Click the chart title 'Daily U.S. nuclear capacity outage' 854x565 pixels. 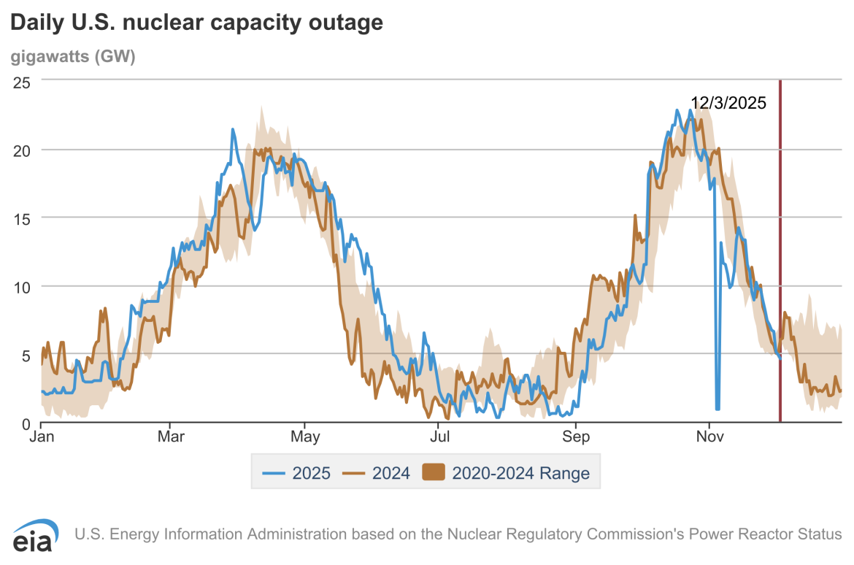[196, 23]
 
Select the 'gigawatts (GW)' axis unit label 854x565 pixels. [73, 57]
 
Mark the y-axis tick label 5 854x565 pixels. [25, 355]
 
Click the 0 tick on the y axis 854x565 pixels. [25, 423]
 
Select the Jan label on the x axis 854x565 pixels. [41, 437]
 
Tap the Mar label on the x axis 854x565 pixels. [170, 437]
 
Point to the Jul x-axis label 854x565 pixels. [439, 437]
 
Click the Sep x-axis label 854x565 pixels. [575, 437]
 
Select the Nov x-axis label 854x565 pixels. [709, 437]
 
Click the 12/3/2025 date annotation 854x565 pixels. [728, 103]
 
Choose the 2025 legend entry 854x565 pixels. [297, 473]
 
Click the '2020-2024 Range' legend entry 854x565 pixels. [507, 473]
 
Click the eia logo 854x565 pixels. [35, 539]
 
